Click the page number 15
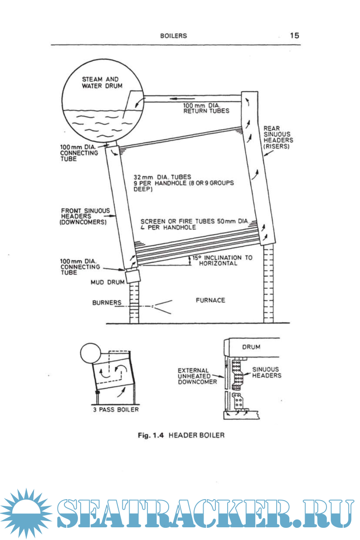294,35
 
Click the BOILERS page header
173,36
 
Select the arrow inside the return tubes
181,98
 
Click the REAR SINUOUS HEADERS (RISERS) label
278,137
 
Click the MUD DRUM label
107,282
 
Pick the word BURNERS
107,302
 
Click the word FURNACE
210,300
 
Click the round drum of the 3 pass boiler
89,353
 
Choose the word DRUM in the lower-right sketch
251,347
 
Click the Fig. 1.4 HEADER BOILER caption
181,435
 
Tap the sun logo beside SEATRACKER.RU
26,515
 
